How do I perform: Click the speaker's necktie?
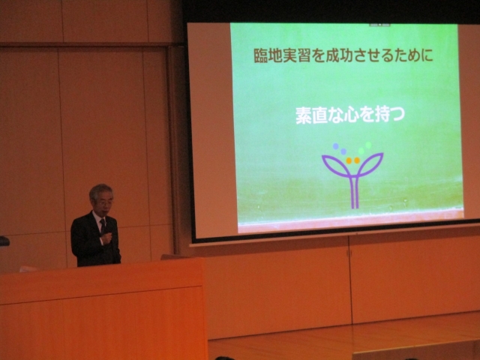(x=103, y=226)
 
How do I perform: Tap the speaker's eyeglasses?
(x=105, y=202)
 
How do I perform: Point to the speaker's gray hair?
(x=100, y=190)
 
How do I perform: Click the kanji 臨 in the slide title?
(x=261, y=55)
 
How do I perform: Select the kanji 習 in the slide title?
(x=304, y=55)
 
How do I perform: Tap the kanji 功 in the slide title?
(x=348, y=55)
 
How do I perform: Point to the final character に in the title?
(x=427, y=55)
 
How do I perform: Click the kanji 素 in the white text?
(x=304, y=115)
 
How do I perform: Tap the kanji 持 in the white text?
(x=382, y=115)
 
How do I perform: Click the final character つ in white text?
(x=397, y=115)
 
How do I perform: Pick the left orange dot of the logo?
(x=349, y=160)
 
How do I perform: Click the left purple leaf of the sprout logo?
(x=336, y=166)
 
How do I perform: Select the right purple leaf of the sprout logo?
(x=370, y=165)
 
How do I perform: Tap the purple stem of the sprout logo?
(x=354, y=192)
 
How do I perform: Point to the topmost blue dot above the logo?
(x=336, y=146)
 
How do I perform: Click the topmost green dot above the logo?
(x=368, y=145)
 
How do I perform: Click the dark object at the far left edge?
(x=4, y=241)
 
